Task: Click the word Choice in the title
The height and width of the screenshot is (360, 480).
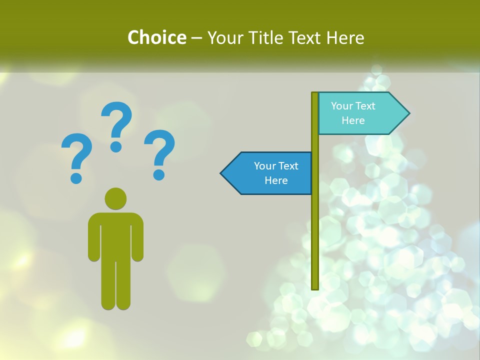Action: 156,37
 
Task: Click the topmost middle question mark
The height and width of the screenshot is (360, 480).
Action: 117,125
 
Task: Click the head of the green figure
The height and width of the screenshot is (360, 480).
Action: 115,198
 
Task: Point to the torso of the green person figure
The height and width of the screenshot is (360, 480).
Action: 115,235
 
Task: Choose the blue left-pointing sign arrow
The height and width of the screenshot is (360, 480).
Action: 270,173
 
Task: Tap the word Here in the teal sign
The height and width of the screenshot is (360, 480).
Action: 353,120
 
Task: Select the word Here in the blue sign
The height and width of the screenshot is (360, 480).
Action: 276,180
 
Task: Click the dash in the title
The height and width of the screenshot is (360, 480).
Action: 196,38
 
